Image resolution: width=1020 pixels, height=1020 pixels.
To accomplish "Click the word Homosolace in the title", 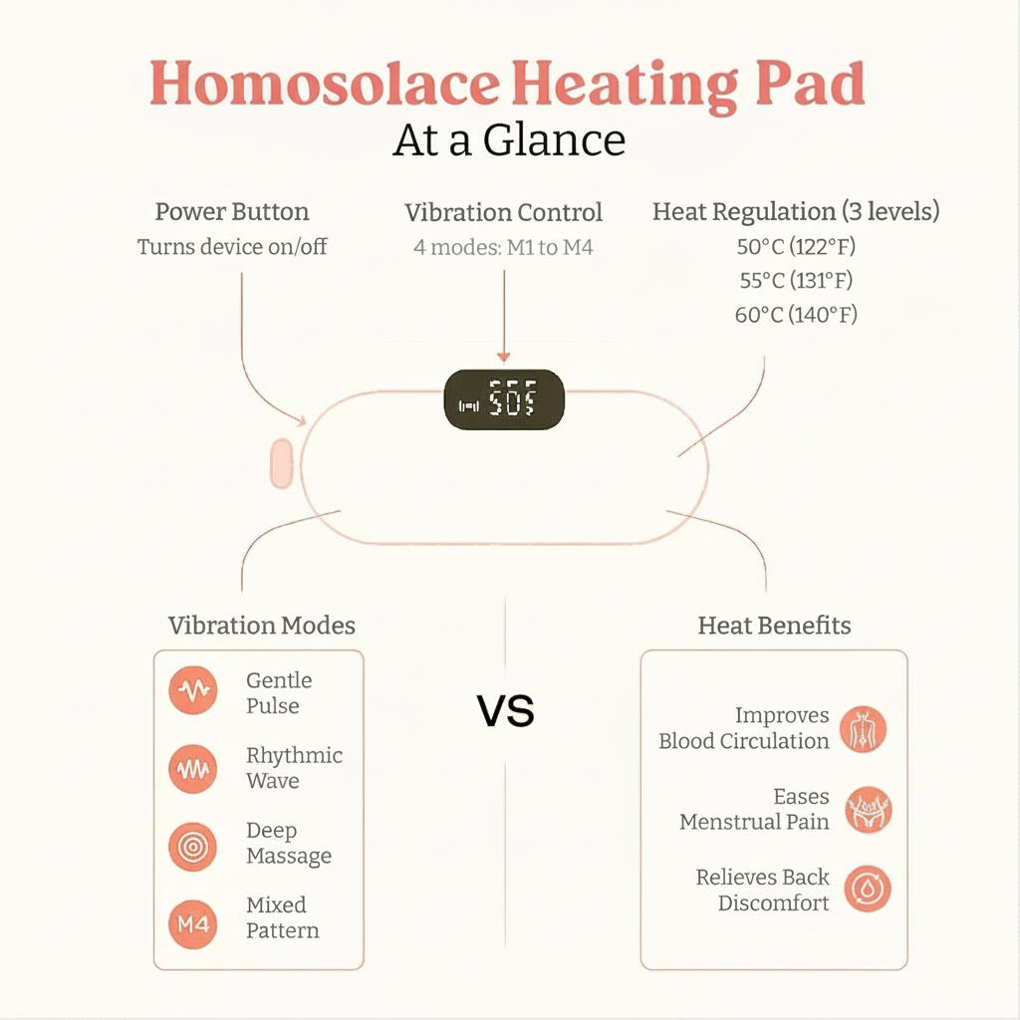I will [x=324, y=84].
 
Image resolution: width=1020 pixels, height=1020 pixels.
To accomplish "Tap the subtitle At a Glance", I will [x=509, y=139].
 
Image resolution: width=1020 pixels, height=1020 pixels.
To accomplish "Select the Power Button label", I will [x=232, y=212].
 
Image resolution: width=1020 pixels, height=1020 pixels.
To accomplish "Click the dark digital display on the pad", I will [x=504, y=401].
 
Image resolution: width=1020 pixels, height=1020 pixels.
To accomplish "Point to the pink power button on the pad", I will [x=282, y=463].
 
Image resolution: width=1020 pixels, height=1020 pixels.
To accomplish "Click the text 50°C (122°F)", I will [x=796, y=247].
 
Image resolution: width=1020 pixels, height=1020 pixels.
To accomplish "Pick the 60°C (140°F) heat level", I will [x=796, y=315].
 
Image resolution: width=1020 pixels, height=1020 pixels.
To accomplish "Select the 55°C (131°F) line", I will [x=796, y=281].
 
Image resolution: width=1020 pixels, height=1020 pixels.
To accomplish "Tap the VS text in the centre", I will [x=505, y=711].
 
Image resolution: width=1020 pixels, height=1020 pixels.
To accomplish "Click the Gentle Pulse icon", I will [x=192, y=692].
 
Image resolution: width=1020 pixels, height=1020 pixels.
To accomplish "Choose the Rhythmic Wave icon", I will [x=192, y=768].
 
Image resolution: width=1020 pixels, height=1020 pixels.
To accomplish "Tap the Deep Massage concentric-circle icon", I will [x=192, y=845].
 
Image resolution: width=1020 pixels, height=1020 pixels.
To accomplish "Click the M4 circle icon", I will [x=192, y=922].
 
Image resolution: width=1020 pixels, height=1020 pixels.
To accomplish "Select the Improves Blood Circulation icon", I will [x=863, y=729].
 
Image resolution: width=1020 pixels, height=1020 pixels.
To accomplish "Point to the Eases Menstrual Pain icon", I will [x=868, y=810].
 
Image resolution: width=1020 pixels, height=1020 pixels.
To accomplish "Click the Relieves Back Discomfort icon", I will [x=868, y=890].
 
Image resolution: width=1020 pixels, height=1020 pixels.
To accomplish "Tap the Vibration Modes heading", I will [x=261, y=626].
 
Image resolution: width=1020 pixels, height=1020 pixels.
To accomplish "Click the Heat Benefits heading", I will [x=774, y=626].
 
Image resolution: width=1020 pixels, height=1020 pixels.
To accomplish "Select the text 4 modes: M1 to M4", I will [x=503, y=246].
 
